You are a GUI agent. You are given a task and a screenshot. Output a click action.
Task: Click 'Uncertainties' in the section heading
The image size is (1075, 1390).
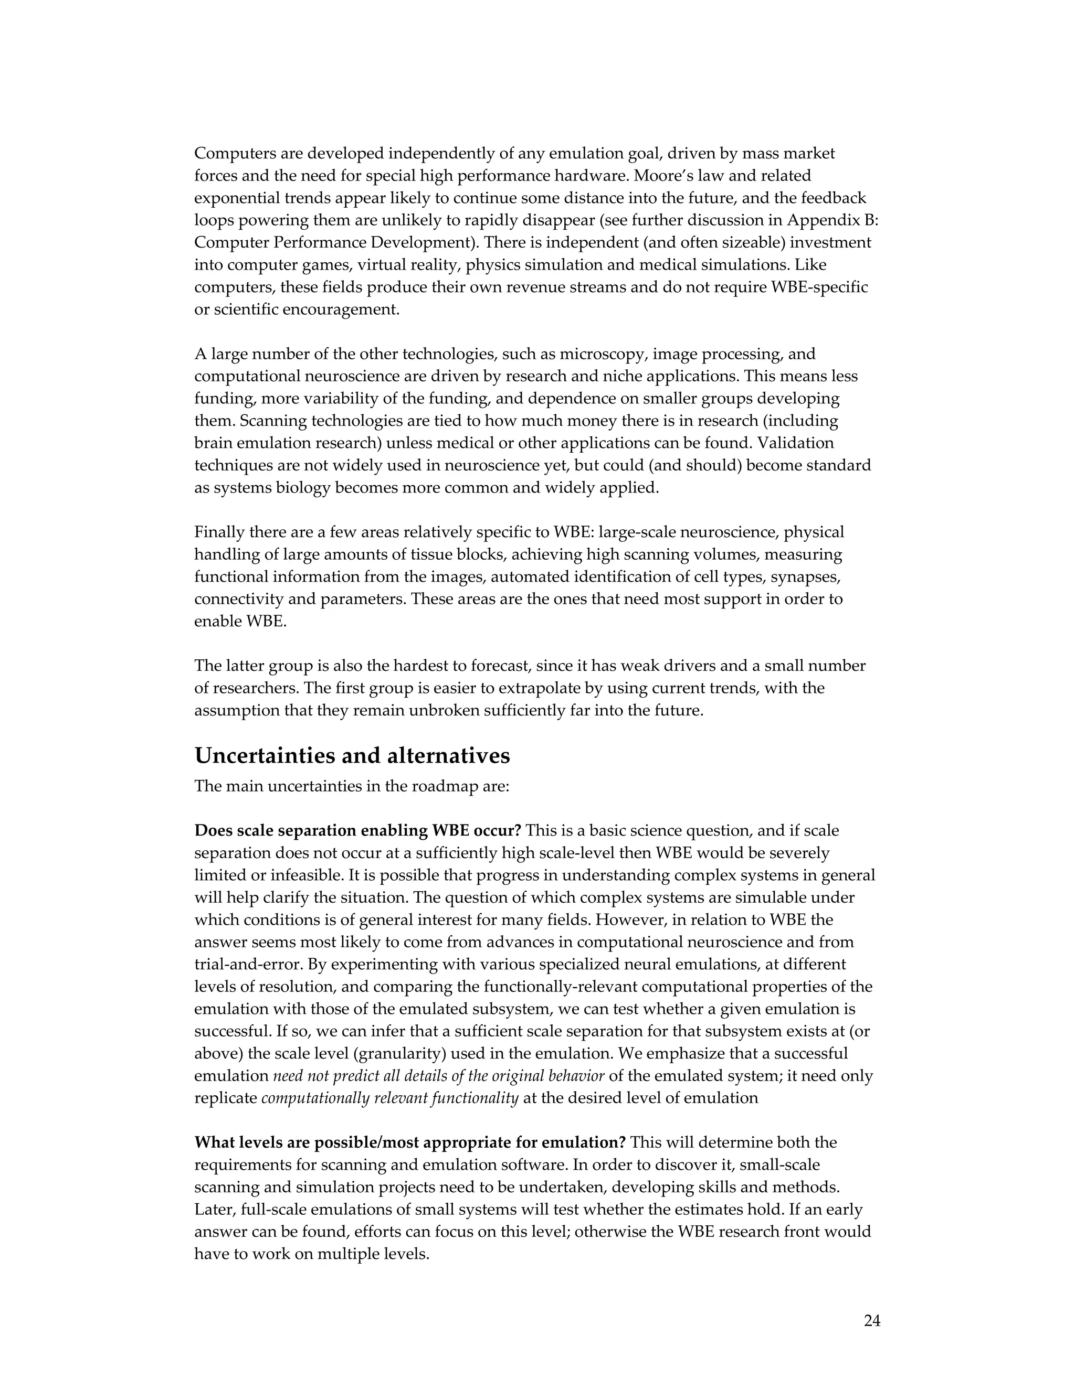(265, 755)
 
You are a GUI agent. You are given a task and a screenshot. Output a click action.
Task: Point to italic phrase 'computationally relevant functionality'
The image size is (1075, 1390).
(390, 1098)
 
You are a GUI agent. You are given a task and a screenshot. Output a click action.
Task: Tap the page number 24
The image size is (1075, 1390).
(872, 1321)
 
